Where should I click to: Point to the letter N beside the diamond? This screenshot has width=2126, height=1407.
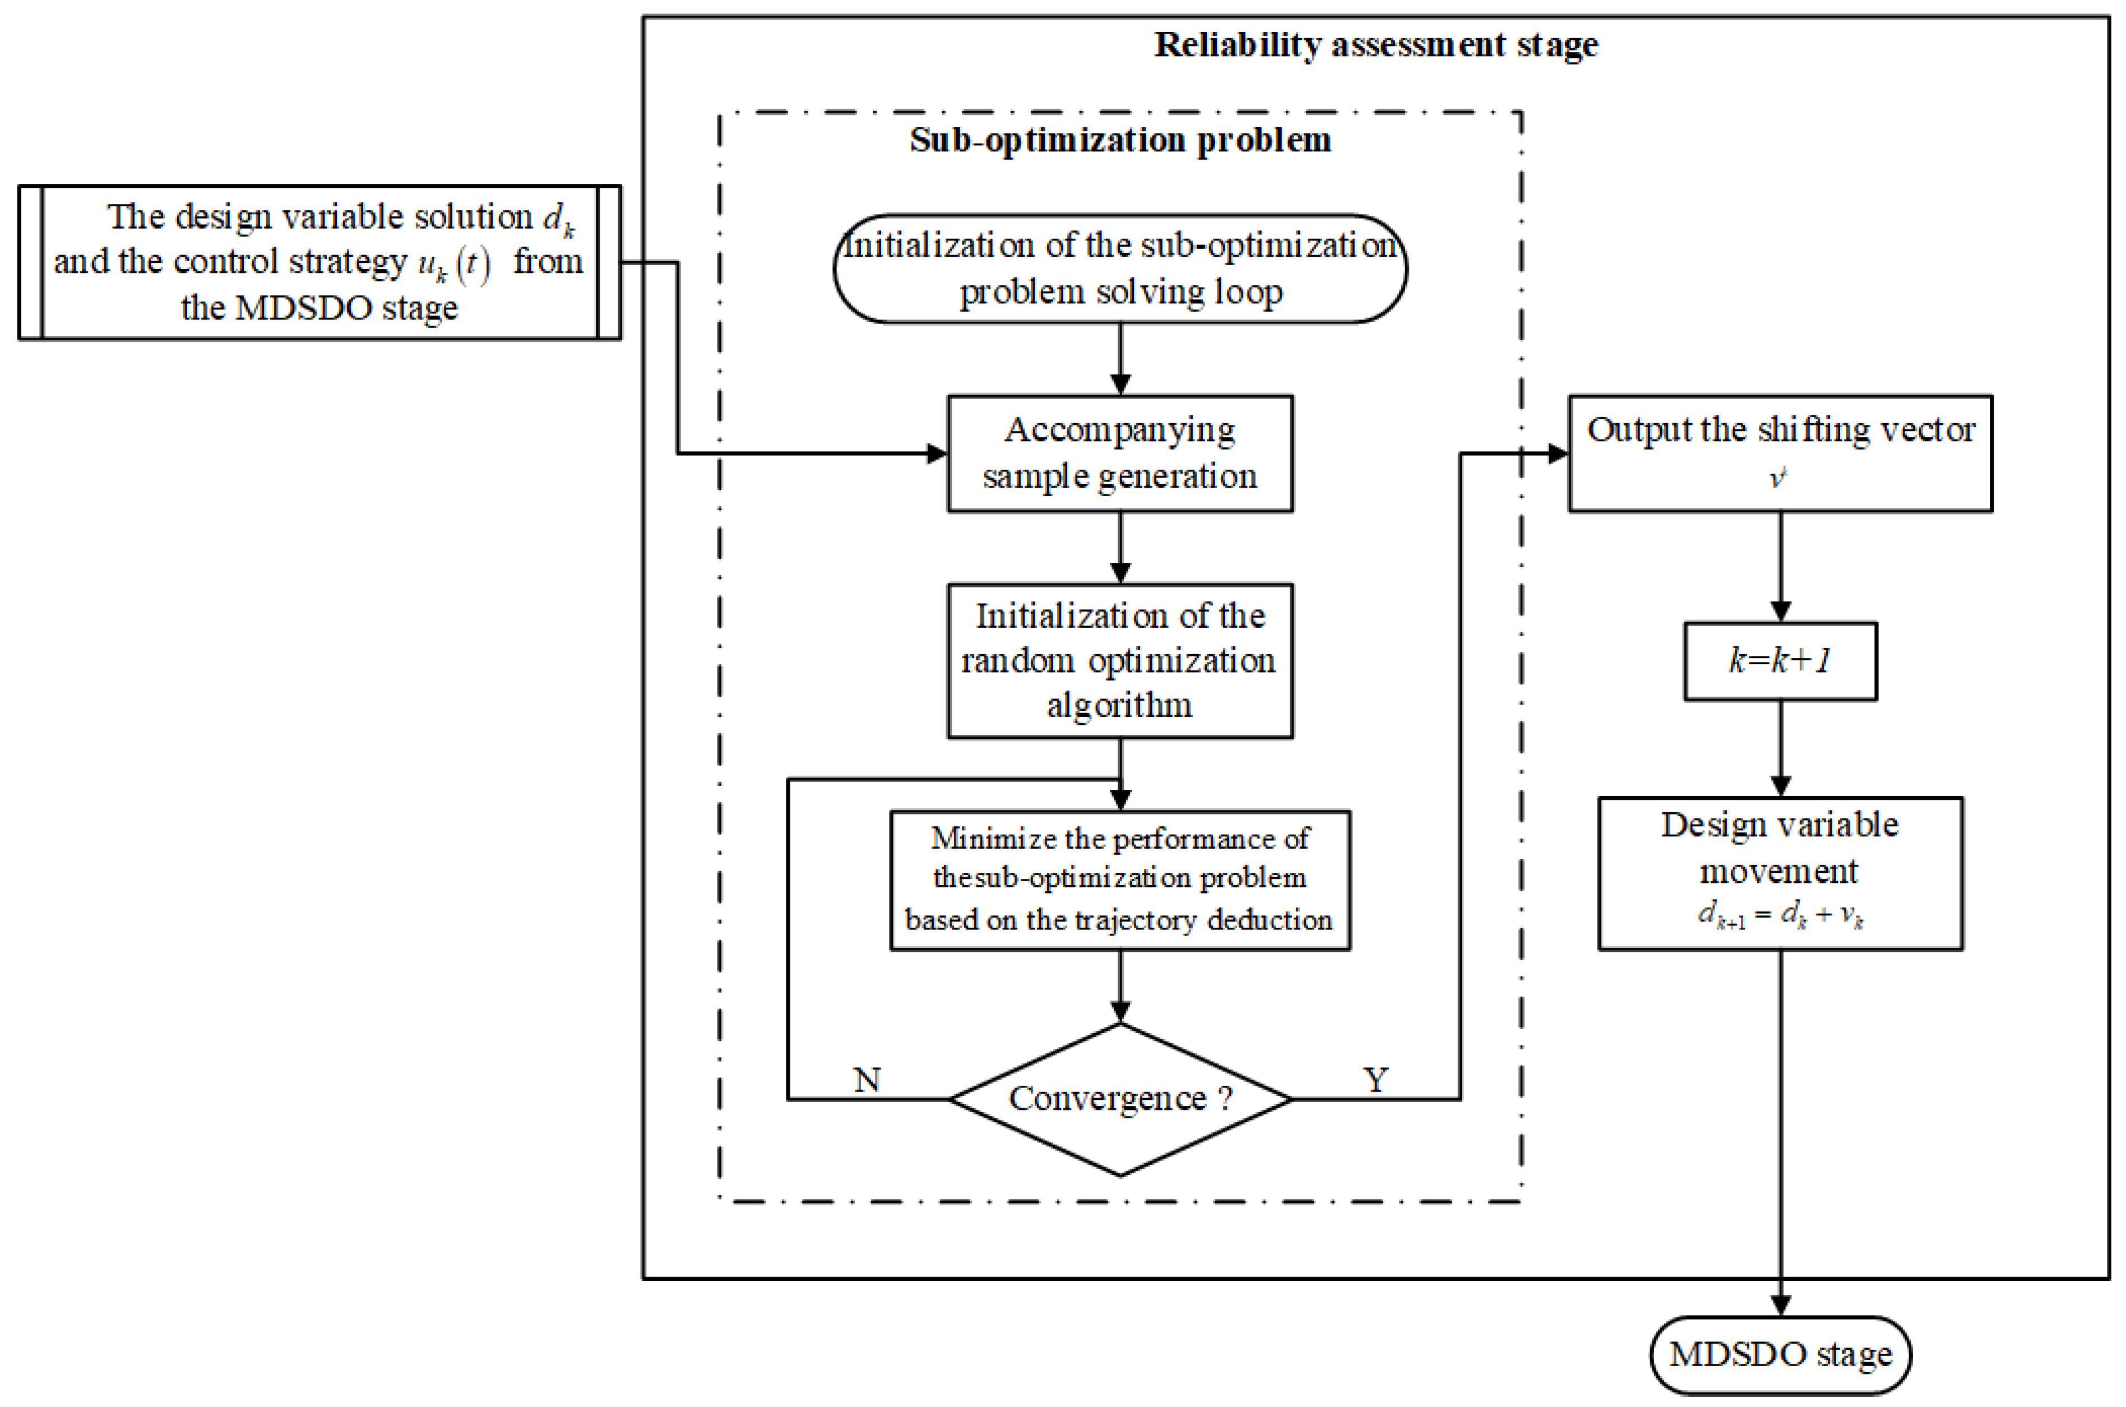pos(867,1080)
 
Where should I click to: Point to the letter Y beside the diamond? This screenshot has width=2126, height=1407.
pos(1375,1080)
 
